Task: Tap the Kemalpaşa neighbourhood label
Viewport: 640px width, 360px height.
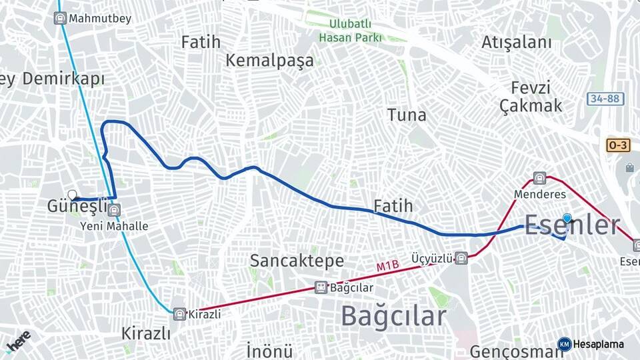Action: (x=269, y=61)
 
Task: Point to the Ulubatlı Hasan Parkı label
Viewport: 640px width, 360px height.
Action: (x=349, y=31)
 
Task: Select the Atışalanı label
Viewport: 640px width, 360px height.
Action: (x=517, y=43)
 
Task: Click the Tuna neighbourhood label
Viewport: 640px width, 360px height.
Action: (x=407, y=115)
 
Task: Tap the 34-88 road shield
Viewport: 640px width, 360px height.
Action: (x=605, y=99)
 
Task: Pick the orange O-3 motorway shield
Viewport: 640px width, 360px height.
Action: (x=618, y=145)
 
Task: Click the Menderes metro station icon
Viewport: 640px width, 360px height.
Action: (x=539, y=179)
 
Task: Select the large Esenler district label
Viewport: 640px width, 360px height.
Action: (x=573, y=225)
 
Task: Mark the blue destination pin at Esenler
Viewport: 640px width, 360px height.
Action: (x=567, y=218)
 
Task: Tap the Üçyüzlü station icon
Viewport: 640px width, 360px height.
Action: (x=461, y=258)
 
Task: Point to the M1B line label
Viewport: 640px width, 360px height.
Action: (x=387, y=267)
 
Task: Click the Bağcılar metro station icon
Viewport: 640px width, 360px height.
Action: (x=321, y=287)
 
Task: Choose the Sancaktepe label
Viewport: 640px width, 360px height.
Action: (x=297, y=260)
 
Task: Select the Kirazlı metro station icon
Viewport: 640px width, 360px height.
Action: (x=179, y=313)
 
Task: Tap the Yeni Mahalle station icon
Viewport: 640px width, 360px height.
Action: (x=115, y=211)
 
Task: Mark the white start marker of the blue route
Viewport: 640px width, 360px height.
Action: (x=73, y=195)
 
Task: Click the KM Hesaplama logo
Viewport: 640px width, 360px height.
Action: (x=591, y=344)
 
